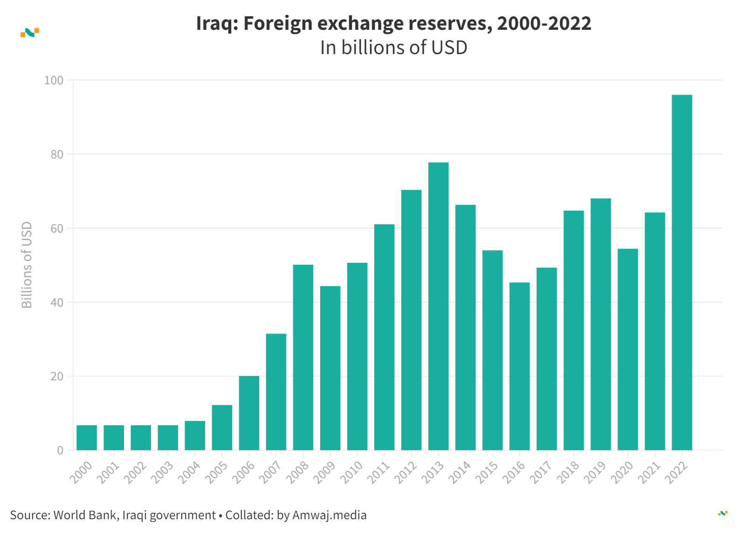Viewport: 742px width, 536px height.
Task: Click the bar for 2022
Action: pos(681,273)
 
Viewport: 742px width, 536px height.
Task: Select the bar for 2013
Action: pos(438,306)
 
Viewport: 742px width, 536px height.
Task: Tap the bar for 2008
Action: pos(303,357)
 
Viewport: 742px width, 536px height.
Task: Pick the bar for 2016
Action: pos(519,366)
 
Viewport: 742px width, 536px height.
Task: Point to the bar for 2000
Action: pos(87,438)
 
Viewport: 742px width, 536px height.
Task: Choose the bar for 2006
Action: pos(249,413)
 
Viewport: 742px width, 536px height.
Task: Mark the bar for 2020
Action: pos(627,350)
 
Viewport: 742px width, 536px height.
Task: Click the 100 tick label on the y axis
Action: pos(54,80)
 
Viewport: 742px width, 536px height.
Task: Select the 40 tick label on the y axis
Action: pos(57,302)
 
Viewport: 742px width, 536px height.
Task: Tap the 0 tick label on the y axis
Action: pos(60,451)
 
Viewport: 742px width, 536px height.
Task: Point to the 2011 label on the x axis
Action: pos(378,472)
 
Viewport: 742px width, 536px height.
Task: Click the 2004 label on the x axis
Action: pos(189,472)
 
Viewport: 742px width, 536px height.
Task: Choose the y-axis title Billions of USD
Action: pos(27,265)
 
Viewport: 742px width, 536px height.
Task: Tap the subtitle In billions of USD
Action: pos(393,48)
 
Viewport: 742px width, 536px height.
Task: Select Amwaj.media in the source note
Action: pos(329,515)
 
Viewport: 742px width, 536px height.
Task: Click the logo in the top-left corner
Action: pos(30,33)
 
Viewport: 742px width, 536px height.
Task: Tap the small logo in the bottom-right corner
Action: pos(722,513)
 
